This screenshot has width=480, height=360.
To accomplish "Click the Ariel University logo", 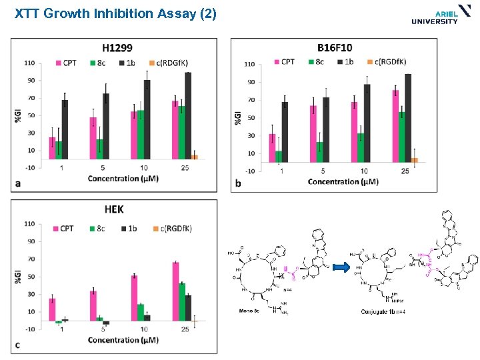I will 434,16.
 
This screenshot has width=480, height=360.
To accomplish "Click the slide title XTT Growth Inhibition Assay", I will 115,13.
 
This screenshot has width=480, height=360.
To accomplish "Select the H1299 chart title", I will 117,48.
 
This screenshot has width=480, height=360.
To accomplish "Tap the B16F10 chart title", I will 335,48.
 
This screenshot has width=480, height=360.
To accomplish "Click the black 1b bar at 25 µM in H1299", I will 188,115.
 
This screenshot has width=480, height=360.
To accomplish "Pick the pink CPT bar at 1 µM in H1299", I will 52,148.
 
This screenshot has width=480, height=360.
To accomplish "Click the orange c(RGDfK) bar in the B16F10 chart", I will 414,160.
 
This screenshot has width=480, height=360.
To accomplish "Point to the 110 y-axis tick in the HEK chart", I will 30,224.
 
